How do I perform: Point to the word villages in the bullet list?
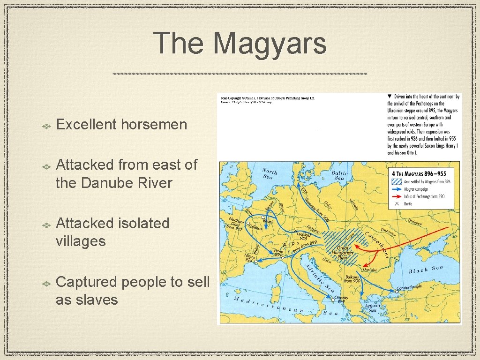click(81, 241)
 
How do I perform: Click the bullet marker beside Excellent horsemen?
click(47, 126)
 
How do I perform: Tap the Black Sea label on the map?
click(426, 270)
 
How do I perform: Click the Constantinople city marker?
click(397, 291)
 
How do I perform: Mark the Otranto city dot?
click(332, 299)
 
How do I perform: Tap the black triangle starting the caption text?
click(390, 97)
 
